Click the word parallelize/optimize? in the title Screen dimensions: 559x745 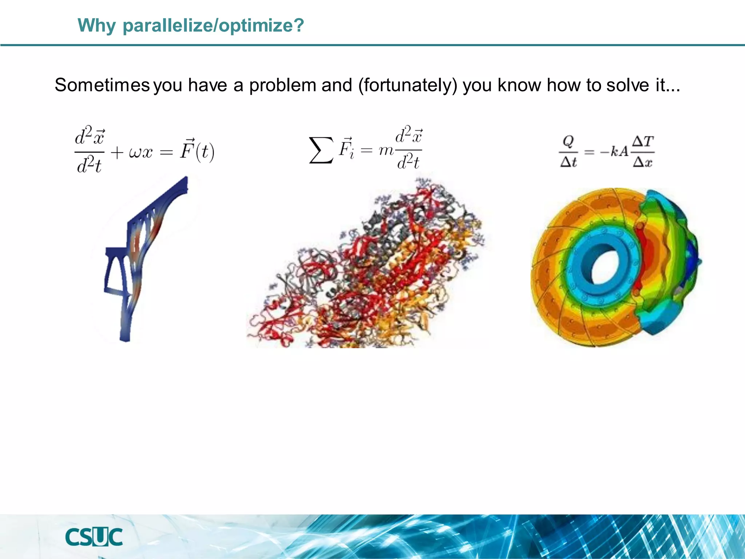(213, 25)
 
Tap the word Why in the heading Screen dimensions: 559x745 (96, 25)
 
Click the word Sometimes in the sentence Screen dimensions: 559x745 (102, 85)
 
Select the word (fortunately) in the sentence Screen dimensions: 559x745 (407, 85)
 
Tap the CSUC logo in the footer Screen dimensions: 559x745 (94, 537)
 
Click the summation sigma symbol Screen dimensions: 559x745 (320, 150)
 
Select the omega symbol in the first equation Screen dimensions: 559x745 (135, 152)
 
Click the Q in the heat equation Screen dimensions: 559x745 (568, 140)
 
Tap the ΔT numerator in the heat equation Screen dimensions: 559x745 (643, 141)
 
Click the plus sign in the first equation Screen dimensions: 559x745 (117, 152)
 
